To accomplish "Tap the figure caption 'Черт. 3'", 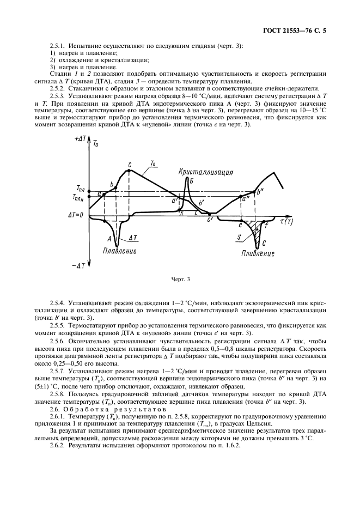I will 180,280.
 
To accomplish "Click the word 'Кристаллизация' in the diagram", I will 205,172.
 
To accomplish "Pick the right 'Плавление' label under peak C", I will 258,253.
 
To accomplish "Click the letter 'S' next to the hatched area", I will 239,238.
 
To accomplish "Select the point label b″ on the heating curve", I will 260,191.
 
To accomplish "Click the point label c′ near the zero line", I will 210,220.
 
